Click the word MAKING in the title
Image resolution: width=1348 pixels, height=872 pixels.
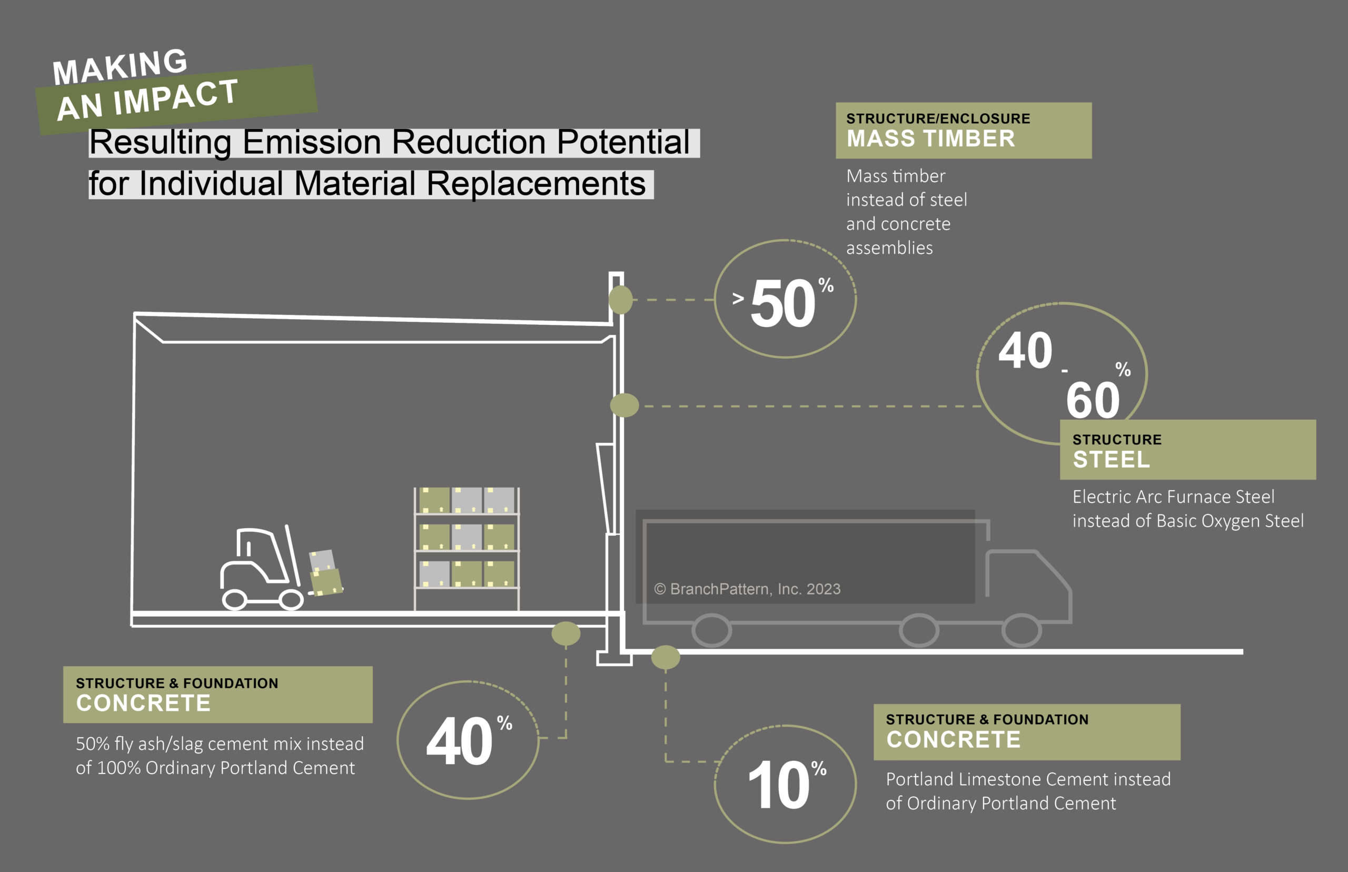tap(120, 66)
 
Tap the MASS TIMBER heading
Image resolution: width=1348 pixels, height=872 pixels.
tap(931, 138)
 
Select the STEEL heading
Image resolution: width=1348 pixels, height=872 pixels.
tap(1111, 459)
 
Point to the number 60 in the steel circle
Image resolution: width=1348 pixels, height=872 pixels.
tap(1093, 400)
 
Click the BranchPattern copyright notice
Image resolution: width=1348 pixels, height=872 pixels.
tap(747, 589)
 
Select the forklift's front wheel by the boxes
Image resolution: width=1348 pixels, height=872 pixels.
tap(291, 600)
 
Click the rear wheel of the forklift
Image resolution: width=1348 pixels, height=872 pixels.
tap(234, 600)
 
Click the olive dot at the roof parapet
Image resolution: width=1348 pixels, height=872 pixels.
tap(620, 300)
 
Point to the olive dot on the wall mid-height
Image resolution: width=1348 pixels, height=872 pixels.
tap(625, 405)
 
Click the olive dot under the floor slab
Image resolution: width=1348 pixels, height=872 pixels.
tap(566, 633)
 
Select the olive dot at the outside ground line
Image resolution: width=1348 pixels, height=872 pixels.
tap(665, 657)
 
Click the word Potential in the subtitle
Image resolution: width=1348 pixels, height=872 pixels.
tap(623, 142)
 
